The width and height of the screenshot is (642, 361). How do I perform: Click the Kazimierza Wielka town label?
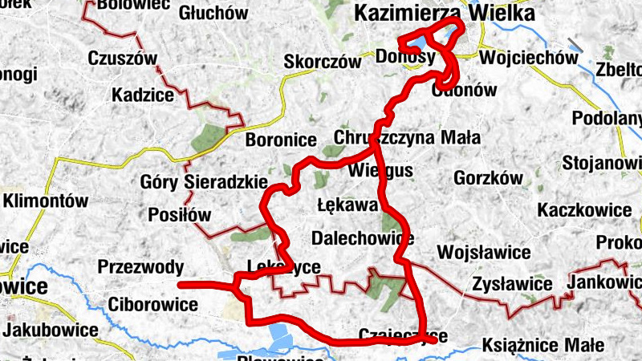[444, 14]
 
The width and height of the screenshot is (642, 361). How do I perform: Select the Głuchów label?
[213, 13]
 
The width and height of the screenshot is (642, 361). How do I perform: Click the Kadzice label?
[143, 95]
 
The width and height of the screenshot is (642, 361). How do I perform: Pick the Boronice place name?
[281, 140]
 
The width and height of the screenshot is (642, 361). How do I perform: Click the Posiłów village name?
[179, 215]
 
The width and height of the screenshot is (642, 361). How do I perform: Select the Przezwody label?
[140, 267]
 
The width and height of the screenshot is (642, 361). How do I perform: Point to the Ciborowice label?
[152, 305]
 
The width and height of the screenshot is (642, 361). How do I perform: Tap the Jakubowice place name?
[49, 330]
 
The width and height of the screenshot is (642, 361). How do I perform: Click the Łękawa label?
[347, 205]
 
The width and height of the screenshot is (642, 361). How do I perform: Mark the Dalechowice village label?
[363, 238]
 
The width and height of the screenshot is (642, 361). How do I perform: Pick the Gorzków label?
[488, 178]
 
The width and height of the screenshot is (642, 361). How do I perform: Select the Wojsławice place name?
[485, 253]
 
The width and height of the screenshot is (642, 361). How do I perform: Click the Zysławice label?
[512, 284]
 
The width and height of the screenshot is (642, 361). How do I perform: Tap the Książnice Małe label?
[543, 346]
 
